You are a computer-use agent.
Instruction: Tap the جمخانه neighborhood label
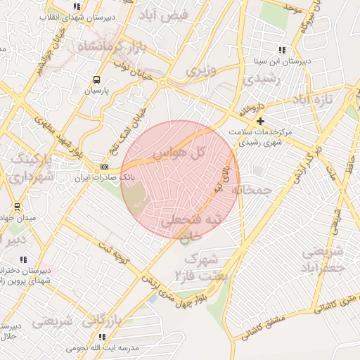(251, 191)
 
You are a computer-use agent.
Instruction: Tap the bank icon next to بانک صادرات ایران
(105, 167)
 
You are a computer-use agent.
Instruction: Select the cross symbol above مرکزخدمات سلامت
(261, 121)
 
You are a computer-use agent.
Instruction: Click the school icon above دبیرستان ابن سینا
(282, 50)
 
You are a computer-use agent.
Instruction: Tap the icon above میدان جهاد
(17, 207)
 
